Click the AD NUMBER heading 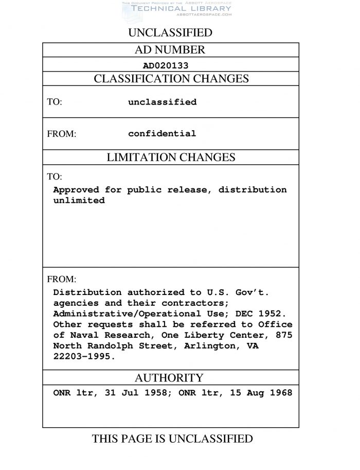coord(170,50)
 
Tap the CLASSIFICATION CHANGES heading coord(171,79)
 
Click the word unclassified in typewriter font coord(162,102)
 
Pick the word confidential coord(162,134)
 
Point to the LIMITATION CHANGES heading coord(171,158)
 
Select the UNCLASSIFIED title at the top coord(170,33)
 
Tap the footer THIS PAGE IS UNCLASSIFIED coord(172,439)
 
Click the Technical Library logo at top coord(176,8)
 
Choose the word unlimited coord(79,201)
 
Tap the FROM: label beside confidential coord(62,134)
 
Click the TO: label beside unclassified coord(55,102)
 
